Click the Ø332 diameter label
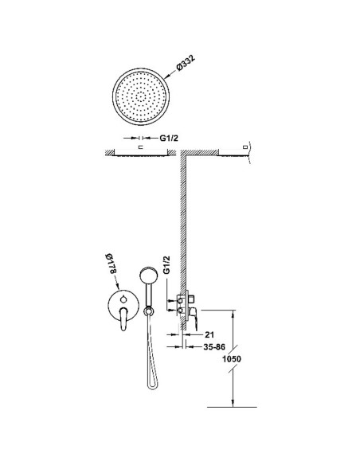point(186,63)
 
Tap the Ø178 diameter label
point(111,264)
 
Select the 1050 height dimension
point(232,359)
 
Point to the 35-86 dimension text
point(214,346)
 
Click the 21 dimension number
point(209,334)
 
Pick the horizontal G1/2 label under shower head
point(169,138)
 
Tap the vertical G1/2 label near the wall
point(167,265)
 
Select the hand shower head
point(149,277)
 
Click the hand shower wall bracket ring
point(148,311)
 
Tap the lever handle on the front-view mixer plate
point(124,319)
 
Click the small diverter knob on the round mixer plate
point(123,299)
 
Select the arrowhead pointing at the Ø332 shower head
point(166,76)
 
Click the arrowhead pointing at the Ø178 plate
point(118,287)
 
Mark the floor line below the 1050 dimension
point(232,407)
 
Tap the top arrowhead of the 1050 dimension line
point(233,314)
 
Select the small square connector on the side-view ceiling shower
point(245,147)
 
